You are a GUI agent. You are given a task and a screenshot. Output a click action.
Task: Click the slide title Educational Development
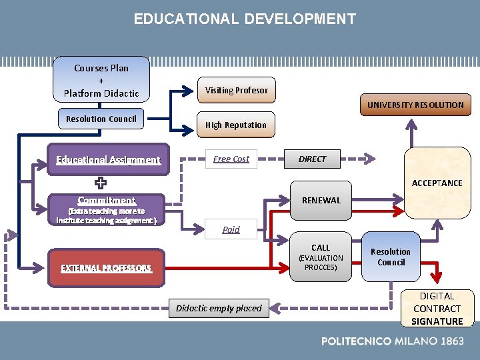pos(245,19)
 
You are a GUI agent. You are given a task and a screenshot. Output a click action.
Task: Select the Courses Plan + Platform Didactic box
pos(101,80)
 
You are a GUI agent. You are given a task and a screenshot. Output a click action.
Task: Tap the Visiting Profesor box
pos(236,90)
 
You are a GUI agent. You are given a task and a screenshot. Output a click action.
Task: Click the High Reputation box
pos(235,125)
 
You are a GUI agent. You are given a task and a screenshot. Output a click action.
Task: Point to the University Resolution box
pos(415,105)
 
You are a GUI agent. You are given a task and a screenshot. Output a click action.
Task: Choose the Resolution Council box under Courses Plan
pos(101,119)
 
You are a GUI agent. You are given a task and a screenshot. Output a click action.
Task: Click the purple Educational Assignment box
pos(108,160)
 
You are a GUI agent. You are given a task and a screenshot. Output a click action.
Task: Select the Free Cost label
pos(231,159)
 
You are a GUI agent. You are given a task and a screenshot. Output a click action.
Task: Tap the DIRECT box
pos(312,159)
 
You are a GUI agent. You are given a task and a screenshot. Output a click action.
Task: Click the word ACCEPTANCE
pos(437,183)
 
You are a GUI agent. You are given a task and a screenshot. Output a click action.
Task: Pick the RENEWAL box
pos(321,200)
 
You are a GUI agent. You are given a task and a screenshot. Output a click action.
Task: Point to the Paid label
pos(231,229)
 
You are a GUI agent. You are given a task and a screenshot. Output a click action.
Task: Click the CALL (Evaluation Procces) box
pos(321,257)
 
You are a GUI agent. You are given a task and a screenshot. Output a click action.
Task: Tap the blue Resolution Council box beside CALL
pos(391,257)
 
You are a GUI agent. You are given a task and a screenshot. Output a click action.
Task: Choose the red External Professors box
pos(107,268)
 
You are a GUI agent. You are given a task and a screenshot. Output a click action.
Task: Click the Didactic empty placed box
pos(219,308)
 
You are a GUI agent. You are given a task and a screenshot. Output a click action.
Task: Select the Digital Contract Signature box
pos(437,309)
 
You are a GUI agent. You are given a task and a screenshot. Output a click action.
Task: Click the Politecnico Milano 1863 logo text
pos(392,341)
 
